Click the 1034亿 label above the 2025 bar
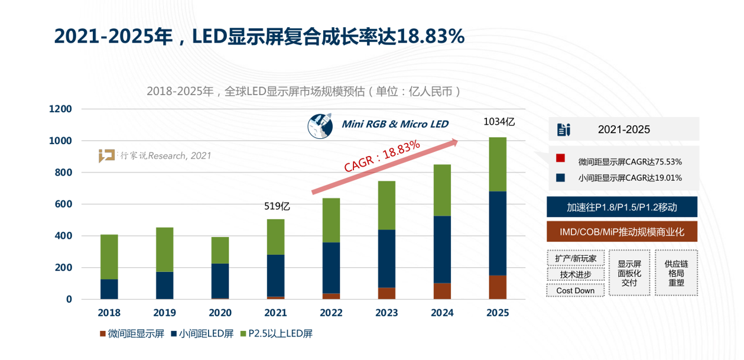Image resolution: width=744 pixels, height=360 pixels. point(499,122)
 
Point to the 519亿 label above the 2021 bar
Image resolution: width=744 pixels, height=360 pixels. point(277,206)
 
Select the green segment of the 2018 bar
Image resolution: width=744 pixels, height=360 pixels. point(109,257)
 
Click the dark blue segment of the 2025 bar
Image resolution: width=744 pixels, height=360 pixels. point(498,233)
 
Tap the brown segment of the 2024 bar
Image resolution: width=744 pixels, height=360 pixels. point(443,291)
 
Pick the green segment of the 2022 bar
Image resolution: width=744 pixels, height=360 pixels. point(331,220)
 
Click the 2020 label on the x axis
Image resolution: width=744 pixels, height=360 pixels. point(220,313)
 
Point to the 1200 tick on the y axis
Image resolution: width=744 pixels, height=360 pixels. point(60,109)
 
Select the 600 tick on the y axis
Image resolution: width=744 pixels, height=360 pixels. point(63,205)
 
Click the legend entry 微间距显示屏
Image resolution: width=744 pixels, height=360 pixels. point(131,334)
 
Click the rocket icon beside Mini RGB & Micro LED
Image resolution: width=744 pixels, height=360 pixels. point(321,125)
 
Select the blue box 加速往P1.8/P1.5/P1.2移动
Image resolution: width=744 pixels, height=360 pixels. point(622,207)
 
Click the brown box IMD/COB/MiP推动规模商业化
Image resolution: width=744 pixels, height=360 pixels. point(622,232)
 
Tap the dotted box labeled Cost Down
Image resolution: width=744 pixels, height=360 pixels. point(575,290)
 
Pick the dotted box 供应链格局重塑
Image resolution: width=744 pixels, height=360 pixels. point(676,273)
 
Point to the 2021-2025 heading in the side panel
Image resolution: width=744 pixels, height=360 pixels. point(623,129)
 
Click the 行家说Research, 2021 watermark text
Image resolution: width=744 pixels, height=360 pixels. point(165,156)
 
